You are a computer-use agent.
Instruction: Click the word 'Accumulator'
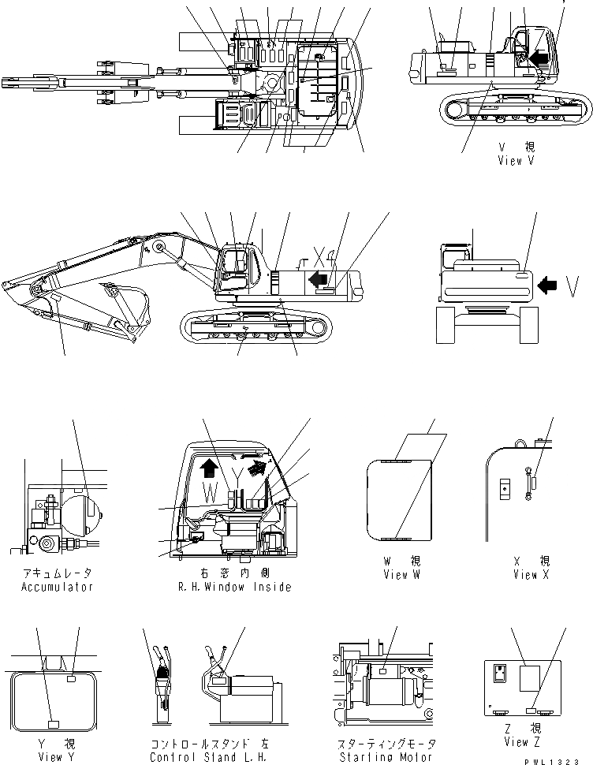[57, 587]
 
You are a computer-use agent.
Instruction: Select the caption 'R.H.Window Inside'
[235, 587]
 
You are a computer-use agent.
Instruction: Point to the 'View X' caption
[524, 575]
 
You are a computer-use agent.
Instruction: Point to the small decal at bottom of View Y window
[54, 723]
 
